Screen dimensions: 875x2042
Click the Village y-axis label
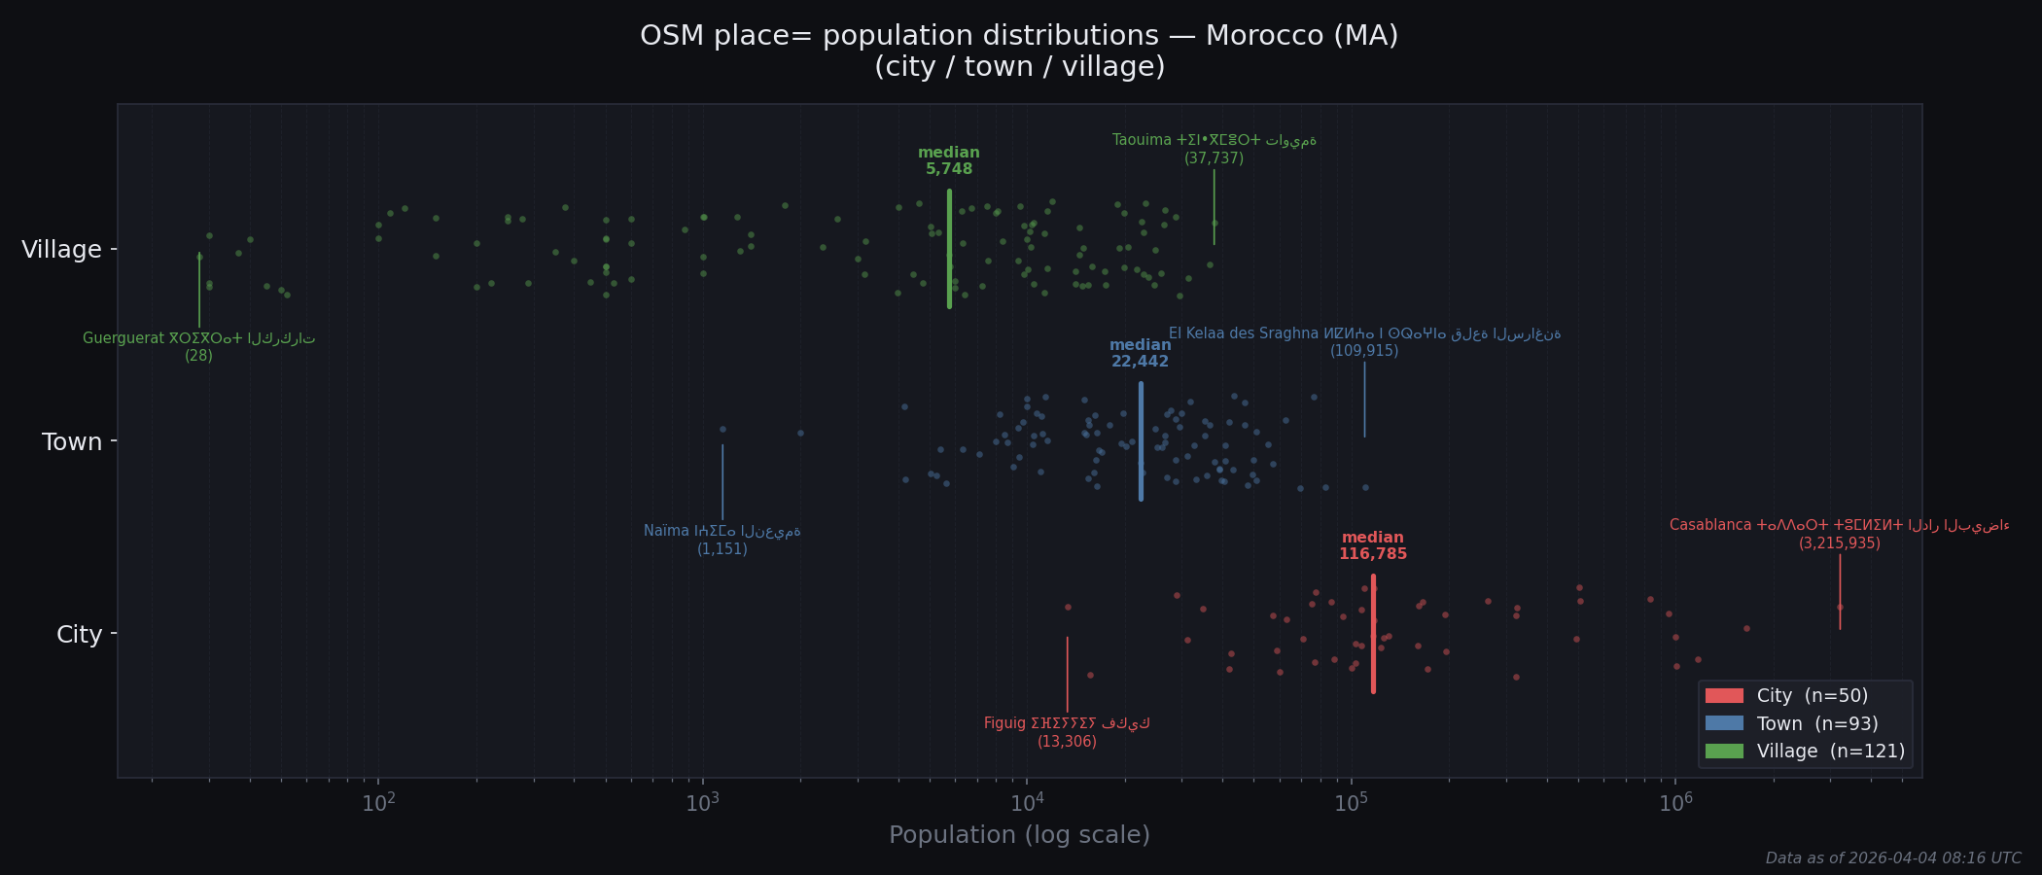(61, 250)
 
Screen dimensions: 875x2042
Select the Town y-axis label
(72, 442)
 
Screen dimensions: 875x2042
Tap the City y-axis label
(79, 635)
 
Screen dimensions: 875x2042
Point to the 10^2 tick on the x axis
(378, 803)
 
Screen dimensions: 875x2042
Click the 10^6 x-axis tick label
(1675, 803)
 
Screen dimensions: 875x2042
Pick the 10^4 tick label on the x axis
(1027, 803)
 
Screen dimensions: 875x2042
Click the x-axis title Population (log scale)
(1019, 835)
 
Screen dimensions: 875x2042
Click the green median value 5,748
(949, 169)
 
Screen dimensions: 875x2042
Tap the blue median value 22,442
(1140, 362)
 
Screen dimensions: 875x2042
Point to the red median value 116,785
(1373, 554)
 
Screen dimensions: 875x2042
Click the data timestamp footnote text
(1892, 858)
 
